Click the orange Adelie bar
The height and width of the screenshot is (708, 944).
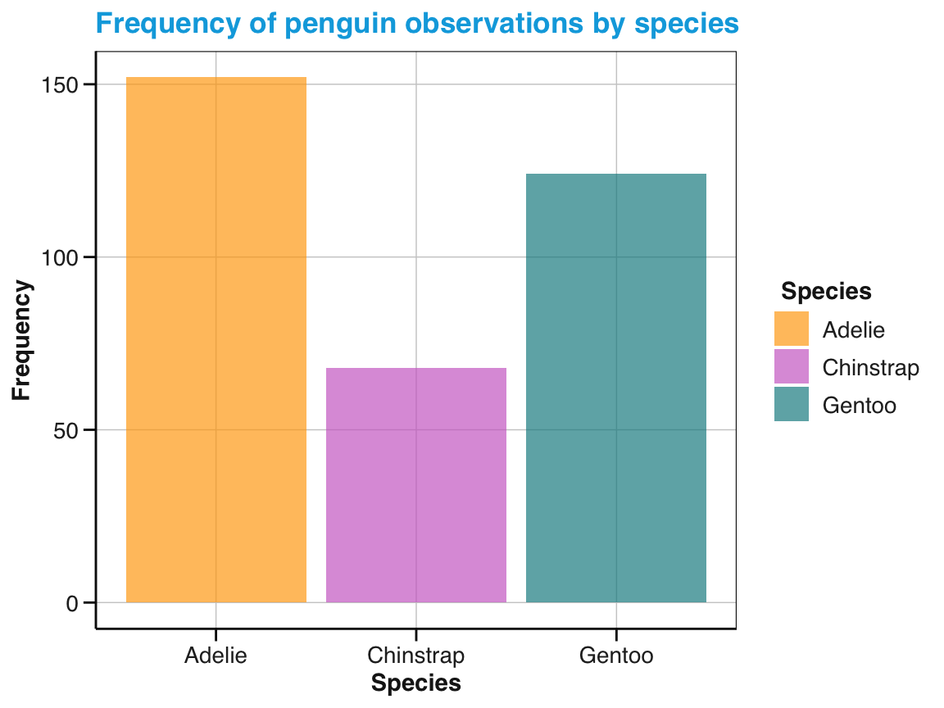coord(216,339)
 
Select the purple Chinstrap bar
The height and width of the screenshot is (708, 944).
coord(416,485)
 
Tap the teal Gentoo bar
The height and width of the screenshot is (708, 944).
coord(615,388)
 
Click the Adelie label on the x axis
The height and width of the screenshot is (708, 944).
coord(216,656)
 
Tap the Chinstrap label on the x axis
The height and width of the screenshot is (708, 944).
coord(416,656)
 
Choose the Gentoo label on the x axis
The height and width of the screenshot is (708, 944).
coord(615,656)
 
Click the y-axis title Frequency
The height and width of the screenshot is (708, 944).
coord(22,340)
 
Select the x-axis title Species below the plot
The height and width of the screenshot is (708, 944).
coord(416,683)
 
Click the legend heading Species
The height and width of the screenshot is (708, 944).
coord(826,291)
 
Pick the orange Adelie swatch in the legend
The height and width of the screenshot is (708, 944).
coord(792,329)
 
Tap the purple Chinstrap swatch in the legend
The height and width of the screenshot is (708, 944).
coord(792,366)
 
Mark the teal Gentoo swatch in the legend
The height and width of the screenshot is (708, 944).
coord(792,404)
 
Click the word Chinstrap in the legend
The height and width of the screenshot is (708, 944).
coord(870,367)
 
